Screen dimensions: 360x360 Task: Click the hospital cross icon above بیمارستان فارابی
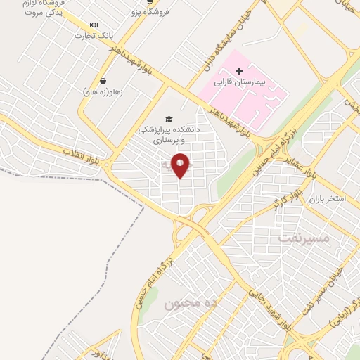click(x=239, y=71)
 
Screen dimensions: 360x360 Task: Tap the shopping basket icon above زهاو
click(x=103, y=81)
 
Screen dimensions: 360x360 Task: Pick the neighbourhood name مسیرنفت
click(x=303, y=237)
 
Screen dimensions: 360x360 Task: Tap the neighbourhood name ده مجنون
click(x=191, y=303)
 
